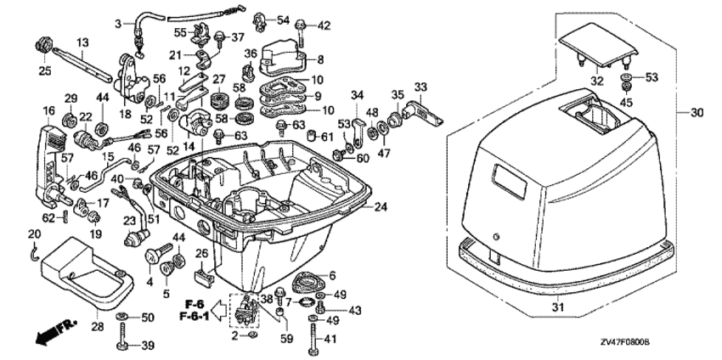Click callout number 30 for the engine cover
[x=698, y=112]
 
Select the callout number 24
[x=380, y=206]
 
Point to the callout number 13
[x=82, y=42]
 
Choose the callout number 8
[x=320, y=59]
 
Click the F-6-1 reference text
[x=196, y=316]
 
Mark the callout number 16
[x=48, y=110]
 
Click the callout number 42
[x=323, y=25]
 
